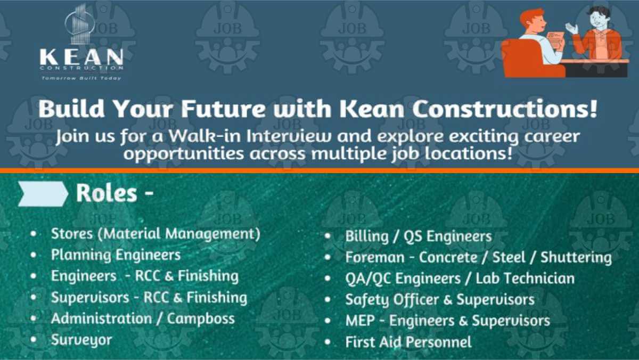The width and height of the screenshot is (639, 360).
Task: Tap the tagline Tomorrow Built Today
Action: point(81,78)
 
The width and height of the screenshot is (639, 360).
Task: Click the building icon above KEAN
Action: point(79,24)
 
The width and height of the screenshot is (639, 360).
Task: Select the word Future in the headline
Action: point(224,109)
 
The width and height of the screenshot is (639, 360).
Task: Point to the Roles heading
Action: point(114,193)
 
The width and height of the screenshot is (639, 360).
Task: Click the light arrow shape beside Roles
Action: point(43,194)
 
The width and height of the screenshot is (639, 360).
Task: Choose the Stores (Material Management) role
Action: point(155,234)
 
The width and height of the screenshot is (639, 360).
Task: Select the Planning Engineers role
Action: point(116,255)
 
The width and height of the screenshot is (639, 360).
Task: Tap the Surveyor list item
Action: point(81,340)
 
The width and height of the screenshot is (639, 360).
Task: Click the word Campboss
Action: point(201,318)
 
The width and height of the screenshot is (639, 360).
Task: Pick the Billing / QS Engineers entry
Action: point(419,236)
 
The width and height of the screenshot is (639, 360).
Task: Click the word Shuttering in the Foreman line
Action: point(576,258)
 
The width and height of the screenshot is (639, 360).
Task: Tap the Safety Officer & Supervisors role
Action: point(440,300)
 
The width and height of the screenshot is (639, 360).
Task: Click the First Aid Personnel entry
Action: point(408,342)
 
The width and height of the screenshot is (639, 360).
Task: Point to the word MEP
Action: point(360,321)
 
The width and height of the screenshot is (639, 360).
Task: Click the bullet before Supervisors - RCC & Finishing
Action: point(34,297)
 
